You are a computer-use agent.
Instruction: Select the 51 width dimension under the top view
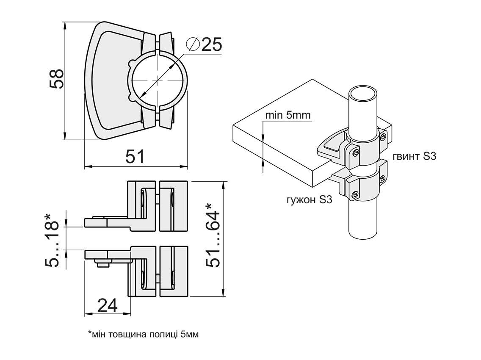coord(135,157)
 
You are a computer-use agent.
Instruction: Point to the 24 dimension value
coord(108,305)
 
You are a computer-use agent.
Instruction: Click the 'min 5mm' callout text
coord(288,115)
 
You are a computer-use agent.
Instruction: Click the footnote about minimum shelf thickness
coord(143,335)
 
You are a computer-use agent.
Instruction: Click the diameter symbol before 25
coord(193,44)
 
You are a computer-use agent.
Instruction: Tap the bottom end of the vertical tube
coord(362,235)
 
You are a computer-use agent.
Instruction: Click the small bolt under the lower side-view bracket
coord(102,264)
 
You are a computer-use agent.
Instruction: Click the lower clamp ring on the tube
coord(367,182)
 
